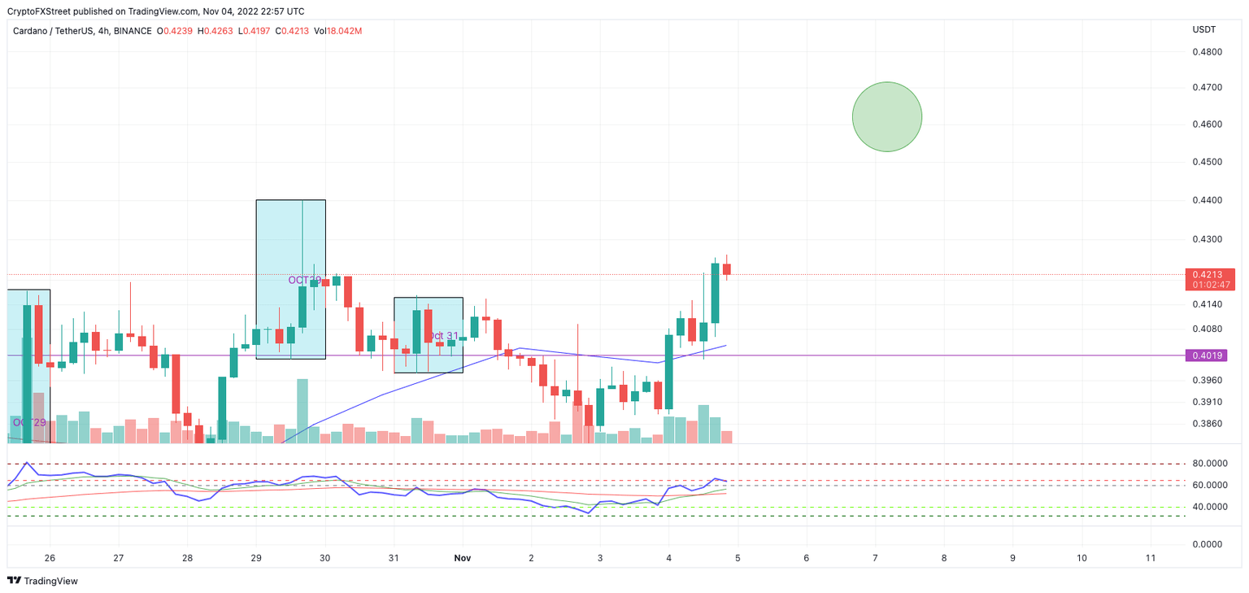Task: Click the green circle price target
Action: click(x=887, y=116)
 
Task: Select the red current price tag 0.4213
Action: click(x=1210, y=275)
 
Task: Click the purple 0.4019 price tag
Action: click(x=1210, y=355)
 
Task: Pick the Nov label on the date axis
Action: click(x=463, y=559)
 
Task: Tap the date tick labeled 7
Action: click(x=875, y=559)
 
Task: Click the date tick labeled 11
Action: click(x=1150, y=559)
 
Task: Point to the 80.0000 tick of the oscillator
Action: click(x=1210, y=464)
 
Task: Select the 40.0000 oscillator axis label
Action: click(x=1210, y=507)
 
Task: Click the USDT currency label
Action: click(x=1203, y=30)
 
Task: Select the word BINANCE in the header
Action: click(x=133, y=31)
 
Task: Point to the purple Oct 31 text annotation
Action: click(x=442, y=335)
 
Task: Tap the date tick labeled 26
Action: click(x=50, y=559)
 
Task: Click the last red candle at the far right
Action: click(x=727, y=268)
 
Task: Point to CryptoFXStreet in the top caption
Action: click(x=38, y=11)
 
